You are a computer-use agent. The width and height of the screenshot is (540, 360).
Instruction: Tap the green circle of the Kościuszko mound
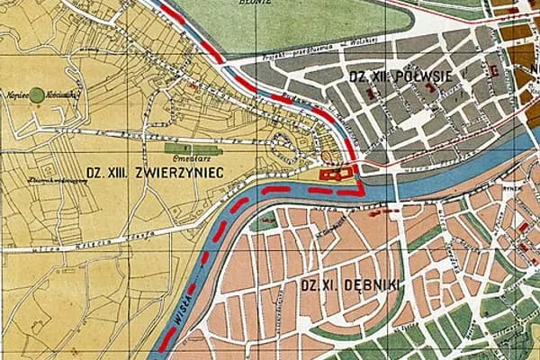[37, 93]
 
